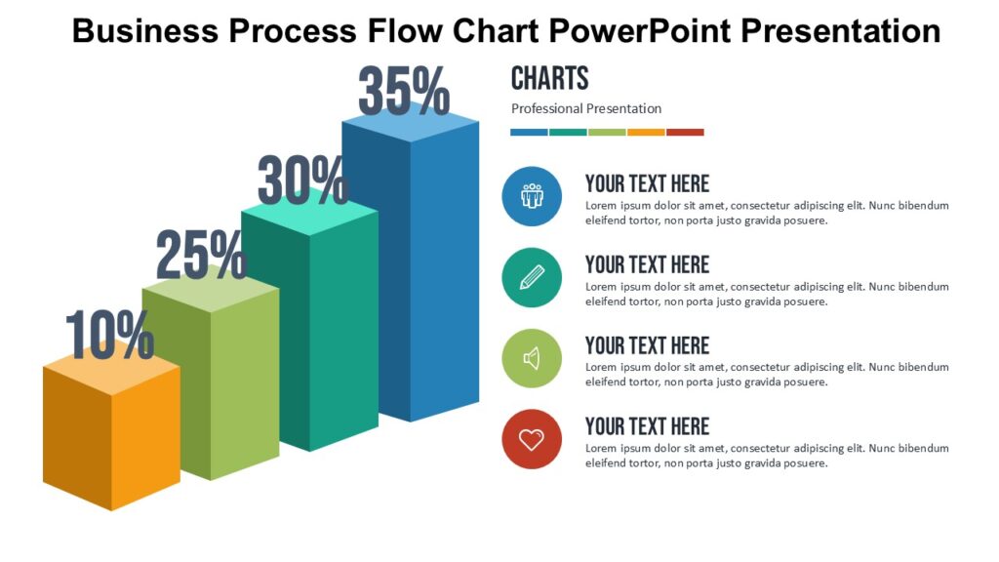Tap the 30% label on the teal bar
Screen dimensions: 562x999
coord(302,180)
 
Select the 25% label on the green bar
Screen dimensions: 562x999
coord(202,255)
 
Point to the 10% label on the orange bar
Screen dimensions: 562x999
coord(110,335)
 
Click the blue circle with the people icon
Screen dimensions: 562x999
coord(532,196)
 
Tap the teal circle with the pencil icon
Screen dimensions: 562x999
coord(532,277)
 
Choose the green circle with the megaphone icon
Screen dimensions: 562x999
coord(532,358)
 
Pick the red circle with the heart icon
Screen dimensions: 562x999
coord(532,439)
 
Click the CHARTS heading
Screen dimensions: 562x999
coord(550,78)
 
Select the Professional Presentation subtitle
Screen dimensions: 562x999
coord(586,108)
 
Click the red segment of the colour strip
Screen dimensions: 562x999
coord(685,132)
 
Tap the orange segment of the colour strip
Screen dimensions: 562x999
coord(646,132)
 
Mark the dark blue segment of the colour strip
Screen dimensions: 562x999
coord(529,132)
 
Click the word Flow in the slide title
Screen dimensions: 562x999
coord(410,30)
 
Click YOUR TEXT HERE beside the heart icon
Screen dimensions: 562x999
coord(647,426)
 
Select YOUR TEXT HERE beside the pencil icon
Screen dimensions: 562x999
coord(647,264)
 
